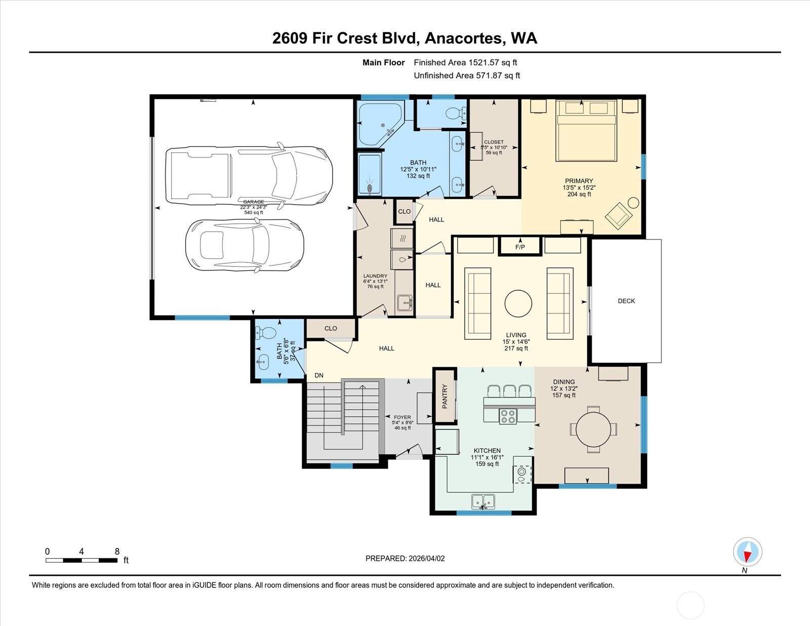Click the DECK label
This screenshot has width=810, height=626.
(x=626, y=301)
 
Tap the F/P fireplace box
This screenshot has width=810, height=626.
(x=520, y=247)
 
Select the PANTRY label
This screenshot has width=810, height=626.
(x=445, y=396)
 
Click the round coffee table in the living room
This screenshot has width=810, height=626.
(x=518, y=303)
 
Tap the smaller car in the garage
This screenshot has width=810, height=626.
(x=245, y=246)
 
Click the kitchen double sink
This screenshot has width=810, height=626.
(x=483, y=502)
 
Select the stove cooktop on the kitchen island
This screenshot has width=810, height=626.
(x=508, y=416)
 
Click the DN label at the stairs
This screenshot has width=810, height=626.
(x=319, y=375)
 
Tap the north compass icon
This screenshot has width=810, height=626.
(x=747, y=552)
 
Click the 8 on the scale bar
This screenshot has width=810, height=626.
(x=117, y=552)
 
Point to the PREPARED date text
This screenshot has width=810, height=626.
(x=405, y=558)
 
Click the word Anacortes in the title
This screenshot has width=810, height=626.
(x=464, y=38)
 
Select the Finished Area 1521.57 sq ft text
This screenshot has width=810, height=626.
(x=465, y=63)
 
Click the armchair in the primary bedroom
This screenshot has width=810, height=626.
(x=619, y=215)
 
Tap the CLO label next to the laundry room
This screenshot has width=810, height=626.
(x=404, y=211)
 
